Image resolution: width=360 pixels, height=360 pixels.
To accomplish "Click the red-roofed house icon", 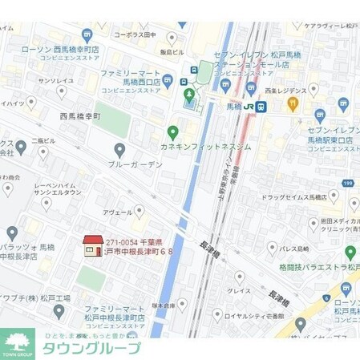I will click(93, 246).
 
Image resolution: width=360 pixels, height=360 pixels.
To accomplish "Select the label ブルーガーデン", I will click(136, 164).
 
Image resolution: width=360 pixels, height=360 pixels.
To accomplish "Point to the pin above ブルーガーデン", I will click(119, 149).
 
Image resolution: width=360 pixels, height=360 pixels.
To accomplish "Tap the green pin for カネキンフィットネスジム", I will click(172, 131).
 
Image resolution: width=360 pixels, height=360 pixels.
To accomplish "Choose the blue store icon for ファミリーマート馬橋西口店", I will click(168, 80).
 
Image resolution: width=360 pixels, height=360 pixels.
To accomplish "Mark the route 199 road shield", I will click(348, 184).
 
